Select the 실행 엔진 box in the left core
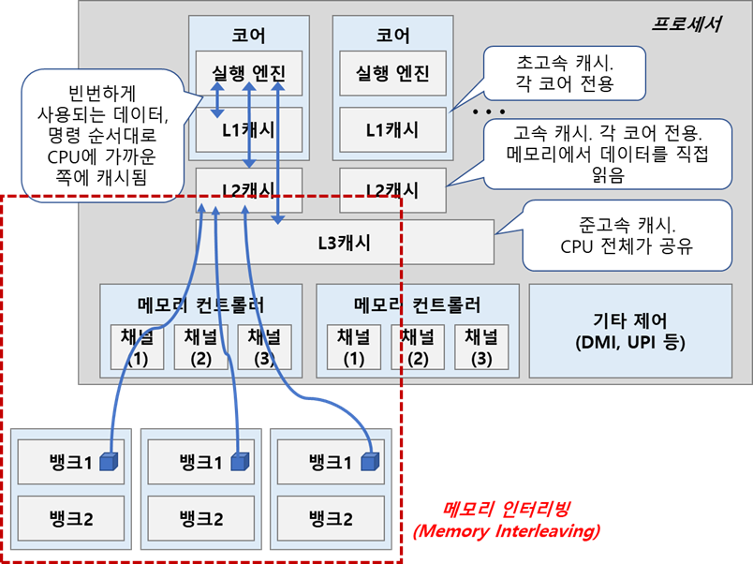coord(248,72)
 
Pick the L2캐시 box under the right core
coord(392,189)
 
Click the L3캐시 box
coord(344,243)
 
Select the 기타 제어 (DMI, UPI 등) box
coord(630,333)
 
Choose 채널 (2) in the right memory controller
coord(417,346)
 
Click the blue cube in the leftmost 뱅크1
coord(111,461)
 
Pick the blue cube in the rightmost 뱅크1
coord(371,461)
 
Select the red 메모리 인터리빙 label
coord(508,519)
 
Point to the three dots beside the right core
coord(488,111)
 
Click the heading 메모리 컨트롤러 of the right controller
coord(417,304)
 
